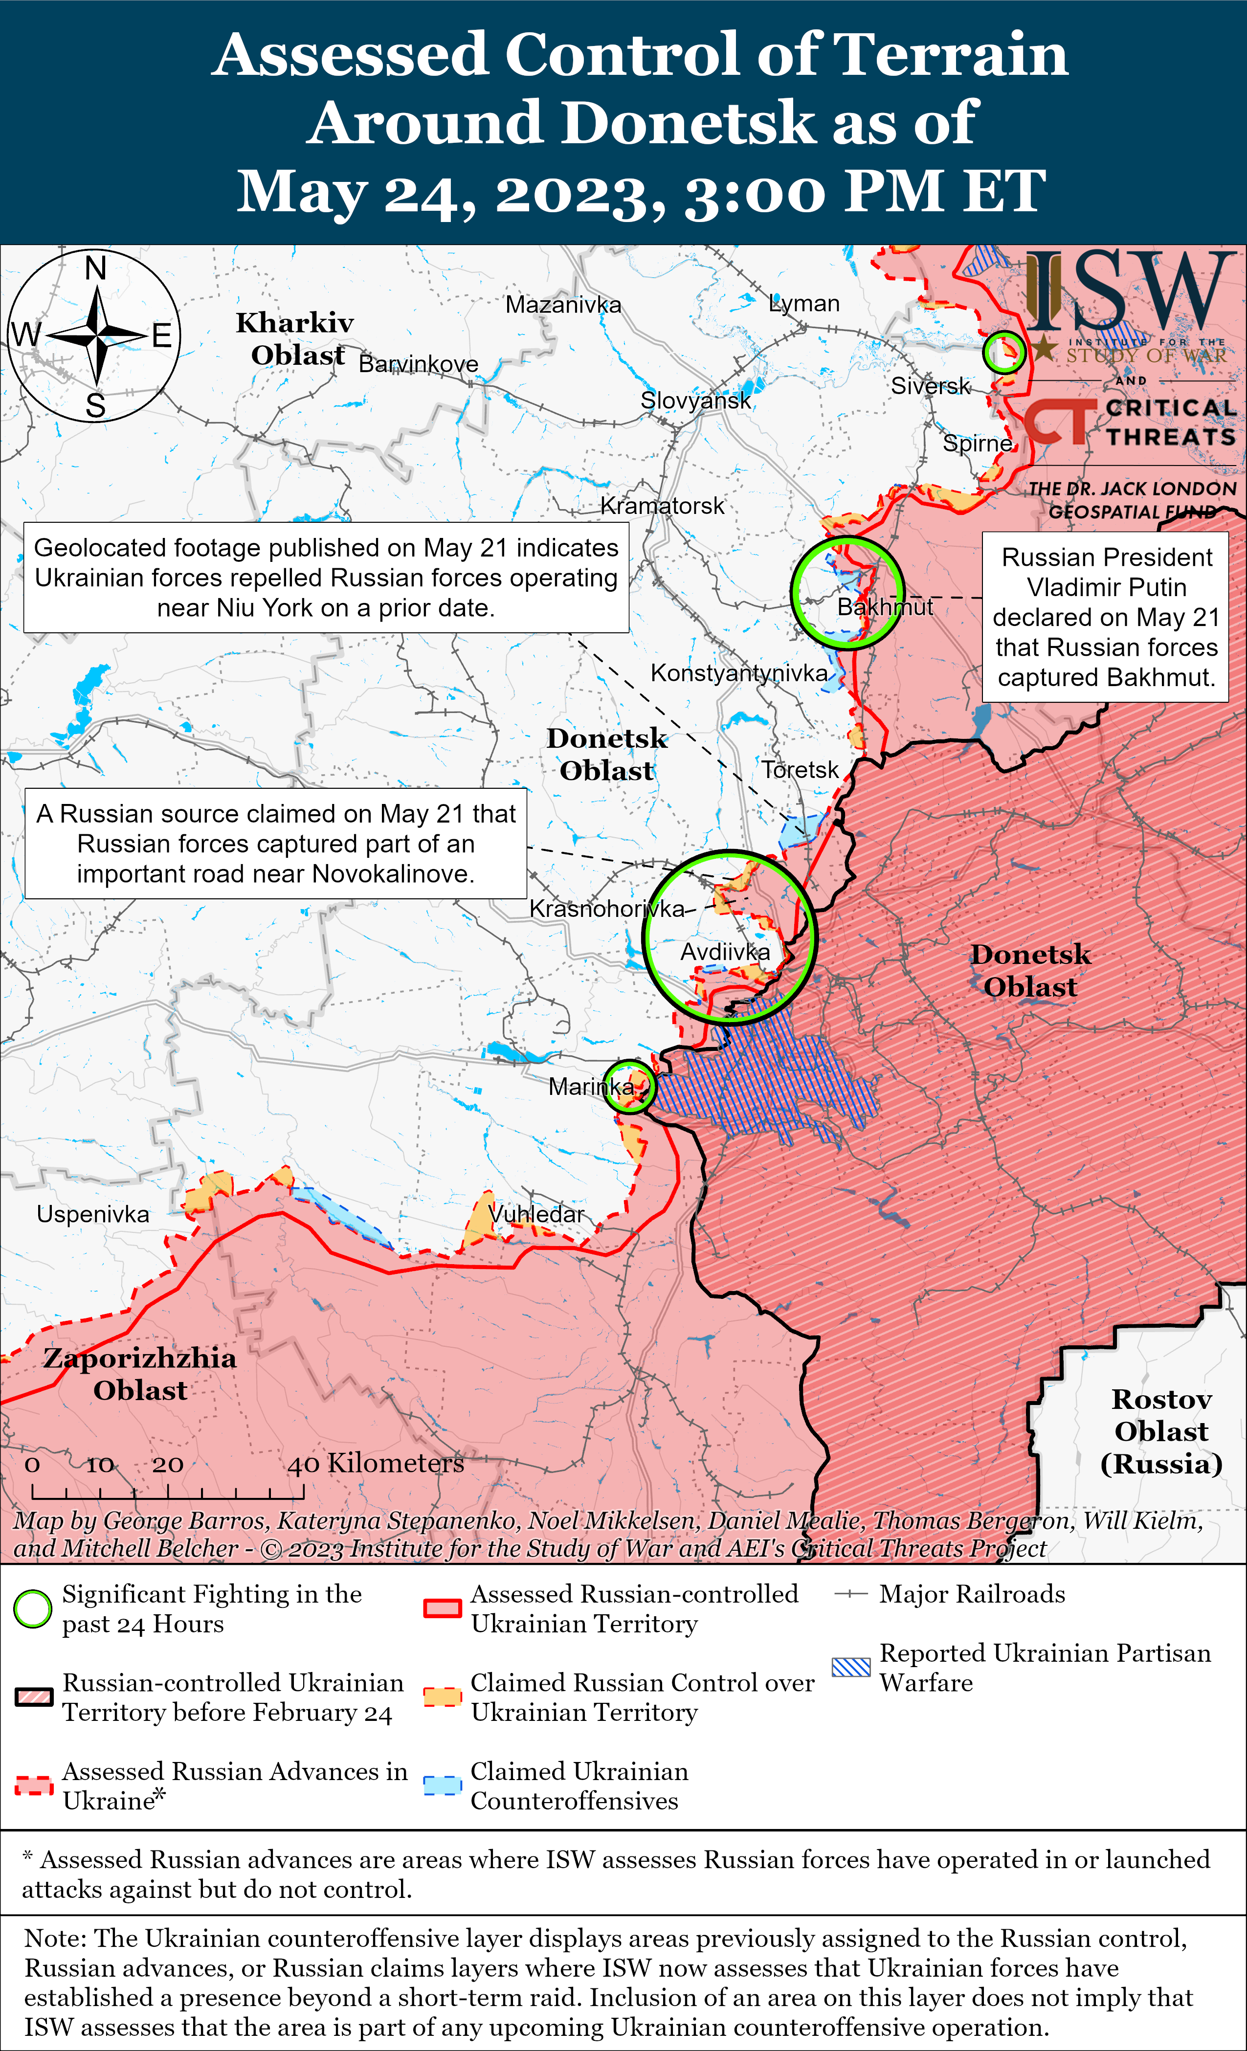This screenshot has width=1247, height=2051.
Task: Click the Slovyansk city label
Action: coord(695,401)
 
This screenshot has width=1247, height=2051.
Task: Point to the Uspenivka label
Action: coord(92,1214)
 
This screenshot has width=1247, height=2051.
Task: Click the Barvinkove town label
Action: coord(418,364)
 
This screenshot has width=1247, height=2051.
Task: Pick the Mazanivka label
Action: coord(563,305)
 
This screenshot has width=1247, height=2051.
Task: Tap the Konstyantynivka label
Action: coord(738,672)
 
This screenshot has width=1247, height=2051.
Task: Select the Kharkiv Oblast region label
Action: coord(295,339)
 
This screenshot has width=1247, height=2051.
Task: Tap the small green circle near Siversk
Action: coord(1004,352)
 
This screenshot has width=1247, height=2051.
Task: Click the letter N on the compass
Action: coord(96,268)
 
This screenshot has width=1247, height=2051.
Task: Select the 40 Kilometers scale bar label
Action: coord(376,1463)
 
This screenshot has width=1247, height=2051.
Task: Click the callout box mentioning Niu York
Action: coord(326,578)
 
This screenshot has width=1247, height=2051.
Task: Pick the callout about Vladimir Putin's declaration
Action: coord(1106,617)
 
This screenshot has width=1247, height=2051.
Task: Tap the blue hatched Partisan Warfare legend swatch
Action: coord(851,1667)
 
